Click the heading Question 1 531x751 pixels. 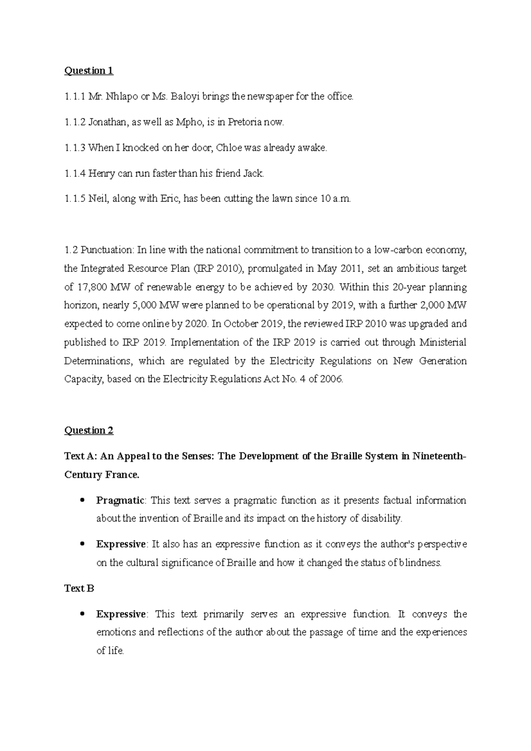pos(88,71)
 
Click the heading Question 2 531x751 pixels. pos(88,430)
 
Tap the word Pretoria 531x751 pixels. pos(245,122)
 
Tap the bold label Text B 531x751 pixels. pos(79,588)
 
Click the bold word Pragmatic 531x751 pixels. pos(120,501)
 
